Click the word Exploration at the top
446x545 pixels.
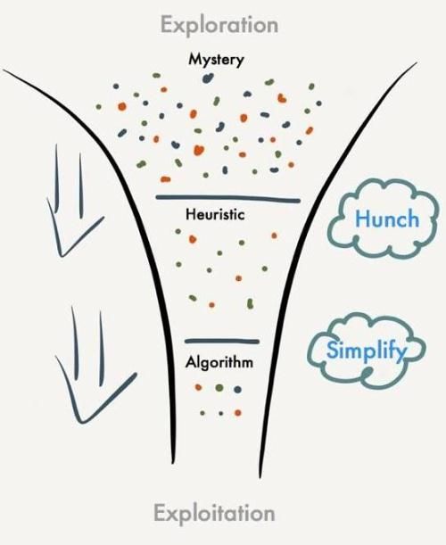tap(219, 26)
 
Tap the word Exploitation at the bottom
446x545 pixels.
tap(214, 514)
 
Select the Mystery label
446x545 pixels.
tap(216, 60)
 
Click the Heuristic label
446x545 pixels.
tap(215, 214)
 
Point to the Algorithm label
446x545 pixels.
tap(219, 363)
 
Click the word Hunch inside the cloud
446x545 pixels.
tap(387, 219)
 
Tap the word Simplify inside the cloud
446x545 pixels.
tap(367, 351)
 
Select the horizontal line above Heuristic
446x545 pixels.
tap(227, 199)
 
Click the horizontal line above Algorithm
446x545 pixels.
tap(222, 342)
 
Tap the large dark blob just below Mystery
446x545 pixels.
tap(208, 78)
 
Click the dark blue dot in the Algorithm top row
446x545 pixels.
tap(238, 389)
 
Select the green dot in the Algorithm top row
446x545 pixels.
tap(219, 387)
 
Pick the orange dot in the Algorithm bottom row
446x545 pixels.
tap(238, 413)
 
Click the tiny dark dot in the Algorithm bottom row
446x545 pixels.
tap(220, 414)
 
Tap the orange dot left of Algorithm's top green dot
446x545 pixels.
tap(199, 387)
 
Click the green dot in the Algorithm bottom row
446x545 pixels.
tap(202, 413)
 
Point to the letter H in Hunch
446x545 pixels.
tap(361, 219)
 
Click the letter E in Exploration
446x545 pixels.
tap(167, 24)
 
